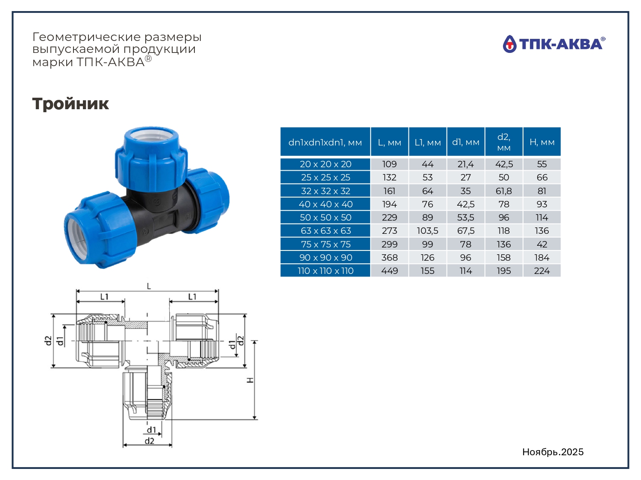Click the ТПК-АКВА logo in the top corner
point(554,44)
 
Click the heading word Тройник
point(71,103)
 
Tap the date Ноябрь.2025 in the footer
point(553,452)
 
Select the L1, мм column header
point(427,142)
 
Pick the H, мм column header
point(542,142)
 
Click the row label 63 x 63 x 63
point(326,230)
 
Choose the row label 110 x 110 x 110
point(326,271)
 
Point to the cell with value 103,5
point(427,230)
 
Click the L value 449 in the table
point(390,271)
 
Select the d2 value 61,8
point(504,191)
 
